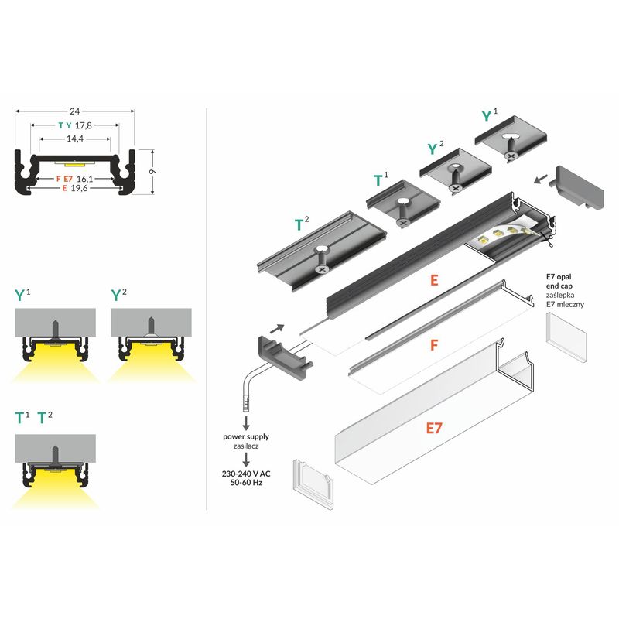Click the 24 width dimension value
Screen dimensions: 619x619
pyautogui.click(x=74, y=111)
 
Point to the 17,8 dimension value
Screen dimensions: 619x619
pyautogui.click(x=84, y=125)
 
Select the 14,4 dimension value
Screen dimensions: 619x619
pyautogui.click(x=74, y=139)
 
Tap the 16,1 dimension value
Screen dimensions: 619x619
pyautogui.click(x=85, y=179)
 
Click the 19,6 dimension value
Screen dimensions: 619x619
pyautogui.click(x=79, y=188)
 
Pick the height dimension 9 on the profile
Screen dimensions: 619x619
pyautogui.click(x=152, y=171)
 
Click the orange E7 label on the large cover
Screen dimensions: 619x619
pyautogui.click(x=434, y=428)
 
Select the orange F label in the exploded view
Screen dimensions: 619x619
pyautogui.click(x=434, y=345)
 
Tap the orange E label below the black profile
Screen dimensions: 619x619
pyautogui.click(x=434, y=280)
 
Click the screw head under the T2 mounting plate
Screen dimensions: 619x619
pyautogui.click(x=323, y=269)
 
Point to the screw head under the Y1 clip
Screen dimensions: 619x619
pyautogui.click(x=511, y=156)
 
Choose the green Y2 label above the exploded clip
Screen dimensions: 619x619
pyautogui.click(x=436, y=148)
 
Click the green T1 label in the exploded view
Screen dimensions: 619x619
pyautogui.click(x=381, y=180)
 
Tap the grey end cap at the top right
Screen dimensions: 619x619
pyautogui.click(x=580, y=187)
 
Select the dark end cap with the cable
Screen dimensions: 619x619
pyautogui.click(x=285, y=357)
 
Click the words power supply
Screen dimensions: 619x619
pyautogui.click(x=246, y=436)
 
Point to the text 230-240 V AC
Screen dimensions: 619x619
pyautogui.click(x=246, y=474)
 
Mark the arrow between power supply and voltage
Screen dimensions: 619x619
pyautogui.click(x=246, y=460)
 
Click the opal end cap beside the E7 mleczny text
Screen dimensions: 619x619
pyautogui.click(x=566, y=337)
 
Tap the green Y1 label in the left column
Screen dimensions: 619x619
pyautogui.click(x=22, y=295)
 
